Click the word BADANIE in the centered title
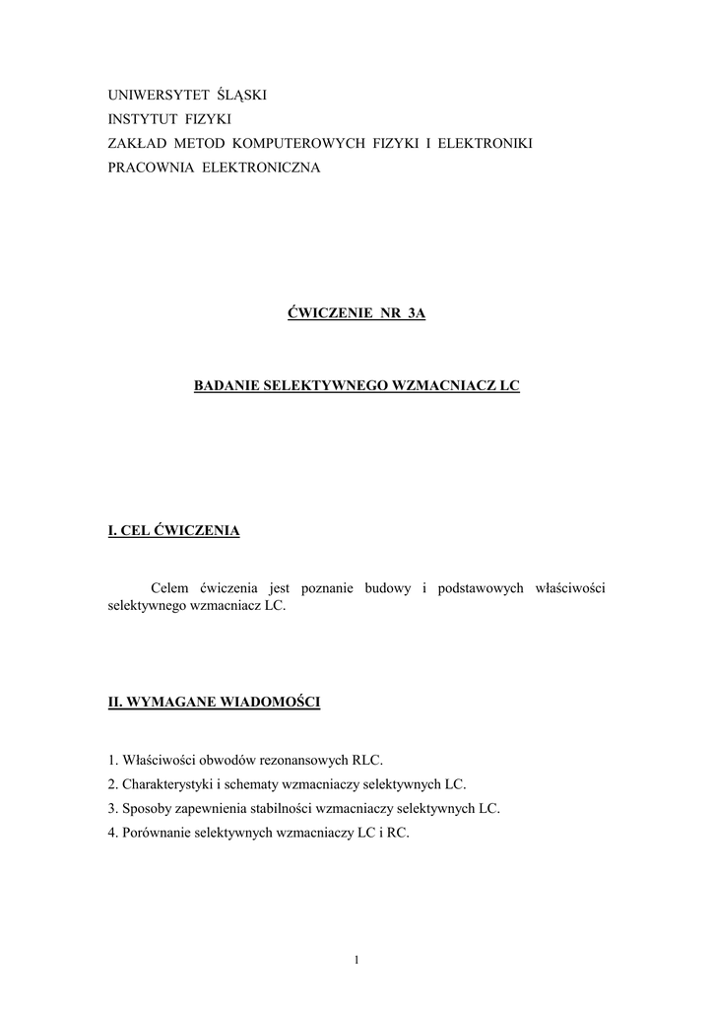pos(227,387)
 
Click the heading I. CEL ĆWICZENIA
pos(173,532)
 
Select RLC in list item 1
pos(365,760)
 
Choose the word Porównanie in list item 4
pos(158,834)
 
